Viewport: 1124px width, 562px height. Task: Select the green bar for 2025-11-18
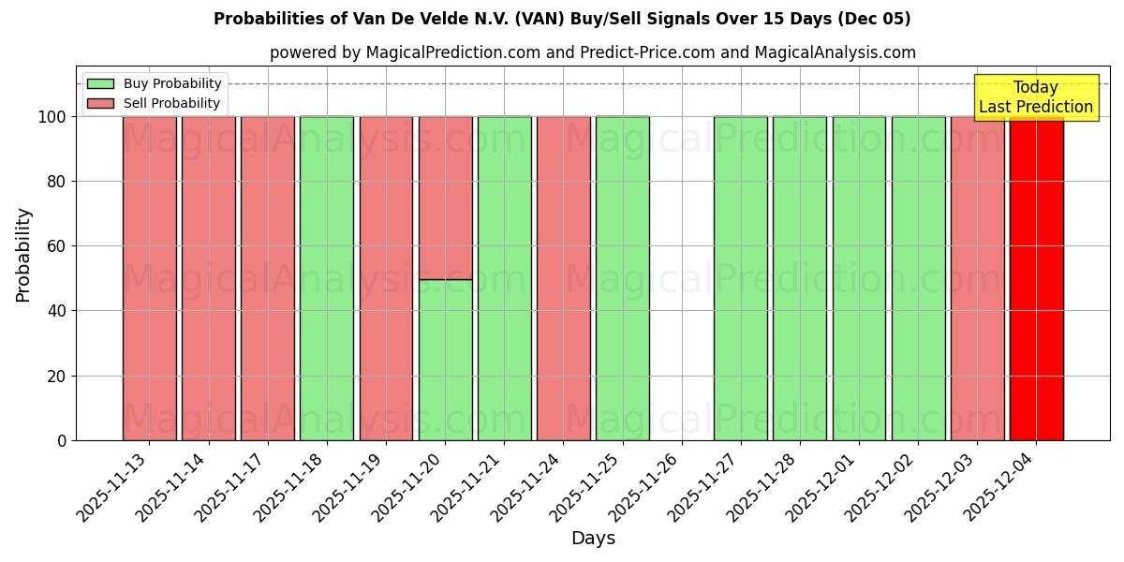pyautogui.click(x=327, y=278)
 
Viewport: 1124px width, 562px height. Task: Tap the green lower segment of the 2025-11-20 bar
pyautogui.click(x=445, y=360)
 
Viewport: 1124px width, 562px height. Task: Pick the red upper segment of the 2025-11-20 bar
pyautogui.click(x=445, y=198)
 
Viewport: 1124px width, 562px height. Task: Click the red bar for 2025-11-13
pyautogui.click(x=149, y=278)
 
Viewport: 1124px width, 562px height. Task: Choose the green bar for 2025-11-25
pyautogui.click(x=622, y=278)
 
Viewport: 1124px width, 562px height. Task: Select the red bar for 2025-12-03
pyautogui.click(x=977, y=278)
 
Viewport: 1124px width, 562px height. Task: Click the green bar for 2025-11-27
pyautogui.click(x=740, y=278)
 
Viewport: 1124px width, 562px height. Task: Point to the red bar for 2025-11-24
pyautogui.click(x=563, y=278)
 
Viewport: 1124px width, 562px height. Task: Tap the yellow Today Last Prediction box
pyautogui.click(x=1035, y=97)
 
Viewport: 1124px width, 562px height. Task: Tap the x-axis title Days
pyautogui.click(x=593, y=539)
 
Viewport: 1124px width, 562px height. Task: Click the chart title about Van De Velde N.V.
pyautogui.click(x=562, y=19)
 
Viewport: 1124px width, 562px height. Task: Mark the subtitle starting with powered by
pyautogui.click(x=592, y=52)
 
